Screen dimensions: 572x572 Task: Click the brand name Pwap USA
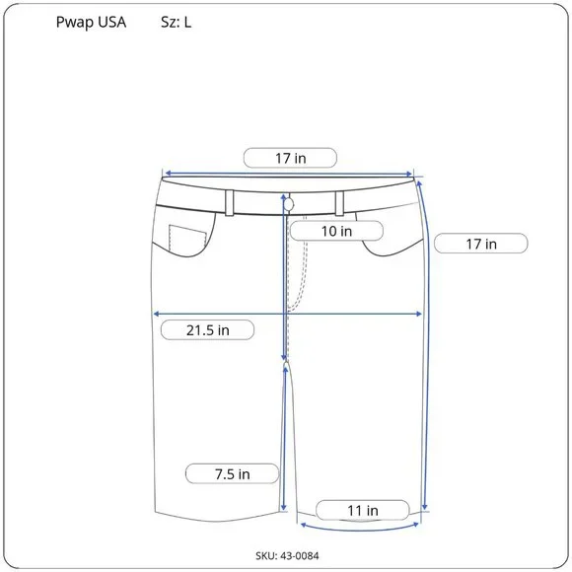[91, 23]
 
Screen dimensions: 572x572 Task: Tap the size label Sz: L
[176, 23]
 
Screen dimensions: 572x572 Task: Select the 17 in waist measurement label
[290, 159]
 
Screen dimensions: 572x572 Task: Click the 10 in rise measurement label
[336, 231]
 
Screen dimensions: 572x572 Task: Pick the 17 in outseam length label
[481, 244]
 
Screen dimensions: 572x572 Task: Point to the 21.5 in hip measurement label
[207, 330]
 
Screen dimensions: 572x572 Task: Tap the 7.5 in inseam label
[233, 473]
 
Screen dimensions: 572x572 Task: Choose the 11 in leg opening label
[363, 510]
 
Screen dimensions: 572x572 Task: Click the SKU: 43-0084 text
[287, 555]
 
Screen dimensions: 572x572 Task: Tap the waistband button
[289, 205]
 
